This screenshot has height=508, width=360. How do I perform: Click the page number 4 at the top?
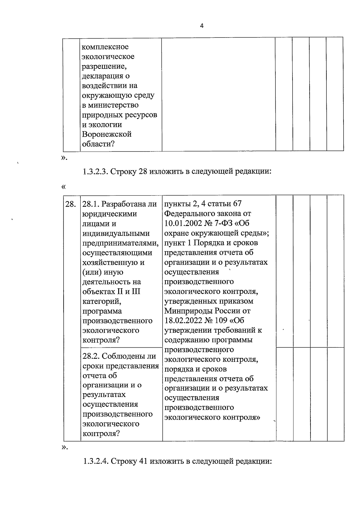click(x=202, y=26)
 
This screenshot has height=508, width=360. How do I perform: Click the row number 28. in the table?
click(x=70, y=204)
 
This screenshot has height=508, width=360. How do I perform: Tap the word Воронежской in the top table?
click(x=107, y=134)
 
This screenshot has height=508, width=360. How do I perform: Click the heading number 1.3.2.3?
click(x=95, y=171)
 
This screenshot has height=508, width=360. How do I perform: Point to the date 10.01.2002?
click(x=183, y=224)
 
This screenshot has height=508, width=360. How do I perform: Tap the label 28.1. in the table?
click(x=91, y=204)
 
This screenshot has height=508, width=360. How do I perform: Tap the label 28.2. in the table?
click(x=91, y=356)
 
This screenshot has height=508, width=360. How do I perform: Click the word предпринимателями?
click(x=120, y=243)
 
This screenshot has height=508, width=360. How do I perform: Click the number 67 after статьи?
click(x=237, y=204)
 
